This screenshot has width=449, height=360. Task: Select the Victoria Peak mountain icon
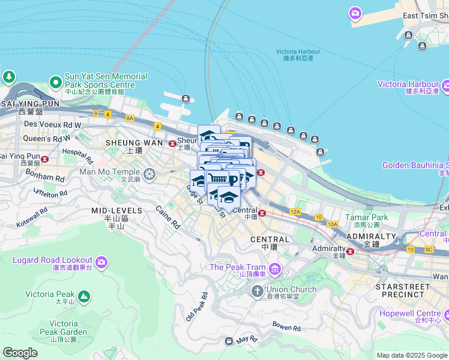point(83,296)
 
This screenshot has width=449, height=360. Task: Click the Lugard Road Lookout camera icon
point(101,262)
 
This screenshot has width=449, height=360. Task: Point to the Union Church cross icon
point(258,291)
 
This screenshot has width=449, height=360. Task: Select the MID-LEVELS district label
point(116,211)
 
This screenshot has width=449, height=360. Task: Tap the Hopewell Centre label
point(419,313)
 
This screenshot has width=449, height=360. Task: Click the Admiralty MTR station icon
point(349,251)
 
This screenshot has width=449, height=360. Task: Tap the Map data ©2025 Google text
point(411,355)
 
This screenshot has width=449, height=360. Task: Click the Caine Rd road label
point(168,217)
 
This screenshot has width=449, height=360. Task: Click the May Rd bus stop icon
point(229,341)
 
